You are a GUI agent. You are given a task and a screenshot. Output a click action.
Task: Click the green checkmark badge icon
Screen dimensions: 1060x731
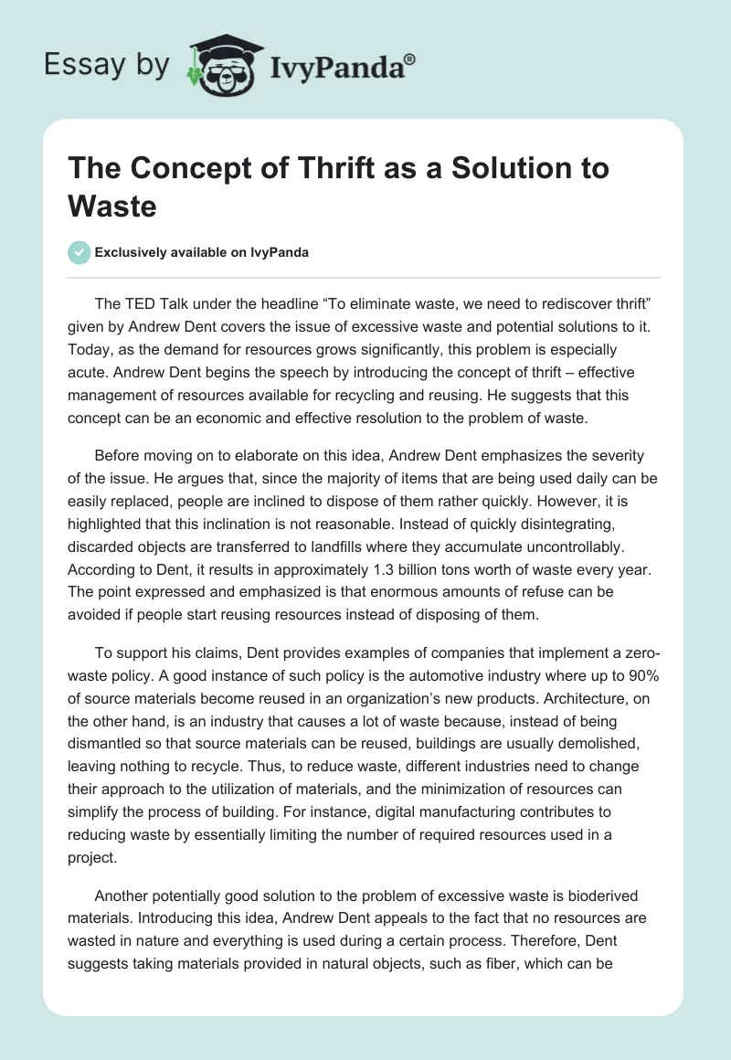pos(79,252)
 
